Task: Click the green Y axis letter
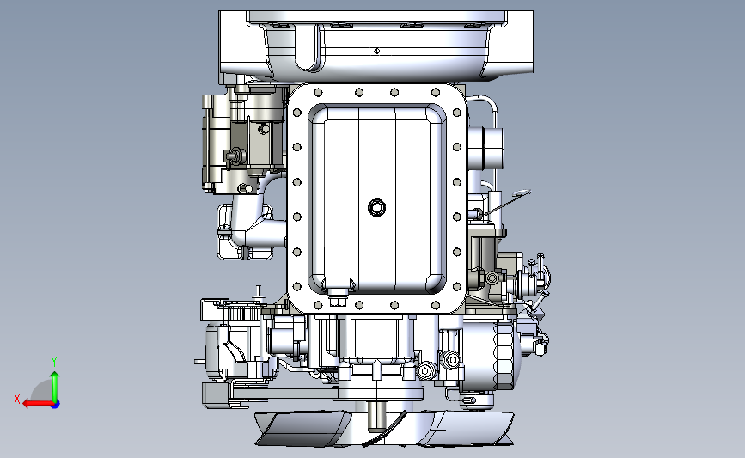pyautogui.click(x=54, y=362)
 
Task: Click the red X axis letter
pyautogui.click(x=17, y=399)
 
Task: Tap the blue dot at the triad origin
pyautogui.click(x=55, y=404)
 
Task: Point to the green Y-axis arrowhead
pyautogui.click(x=55, y=376)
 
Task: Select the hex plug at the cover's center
pyautogui.click(x=376, y=207)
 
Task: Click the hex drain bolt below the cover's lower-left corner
pyautogui.click(x=336, y=302)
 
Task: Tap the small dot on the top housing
pyautogui.click(x=376, y=51)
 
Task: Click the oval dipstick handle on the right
pyautogui.click(x=522, y=192)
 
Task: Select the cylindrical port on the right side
pyautogui.click(x=488, y=148)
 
